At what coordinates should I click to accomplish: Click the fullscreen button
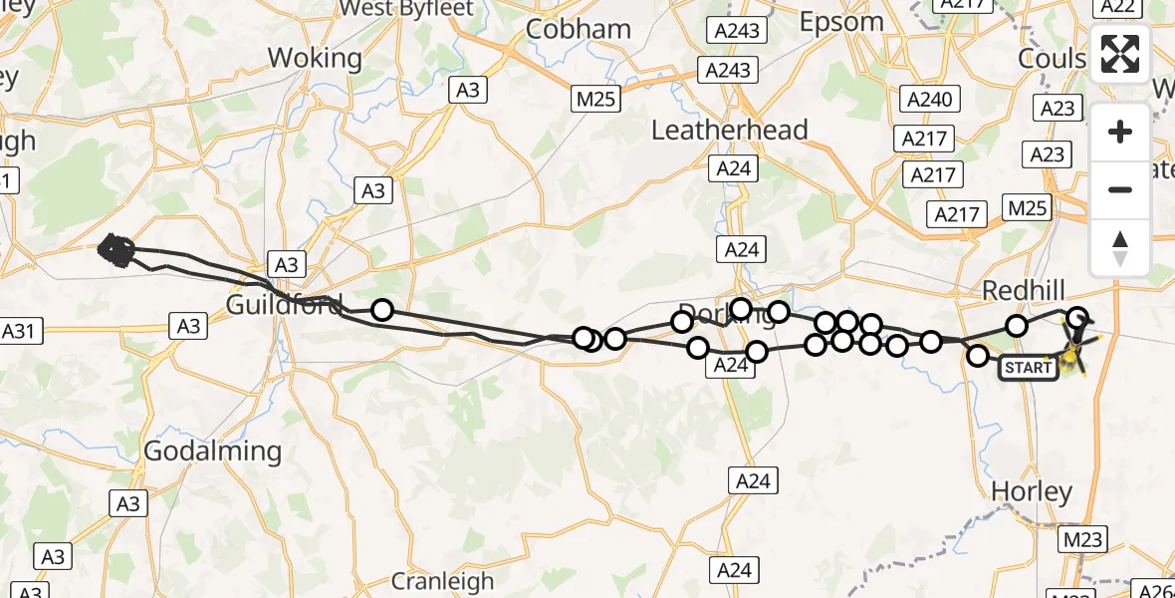1120,54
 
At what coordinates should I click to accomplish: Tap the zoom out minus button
1120,189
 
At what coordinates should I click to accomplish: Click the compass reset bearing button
1120,247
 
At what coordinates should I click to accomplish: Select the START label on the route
1029,367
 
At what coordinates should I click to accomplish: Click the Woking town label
316,58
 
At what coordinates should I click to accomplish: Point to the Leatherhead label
730,131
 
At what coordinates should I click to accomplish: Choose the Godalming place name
213,451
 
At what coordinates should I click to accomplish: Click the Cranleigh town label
442,581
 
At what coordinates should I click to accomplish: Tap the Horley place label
1033,491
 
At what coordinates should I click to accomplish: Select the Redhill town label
1024,291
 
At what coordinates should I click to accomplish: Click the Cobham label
579,29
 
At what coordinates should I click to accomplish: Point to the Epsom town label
842,21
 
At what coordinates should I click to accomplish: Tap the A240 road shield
930,99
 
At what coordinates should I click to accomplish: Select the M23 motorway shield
1083,539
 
